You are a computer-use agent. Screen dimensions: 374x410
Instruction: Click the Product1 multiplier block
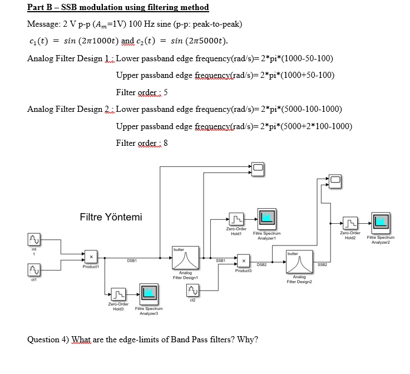coord(90,258)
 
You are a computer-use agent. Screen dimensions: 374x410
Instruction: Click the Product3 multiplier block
coord(243,260)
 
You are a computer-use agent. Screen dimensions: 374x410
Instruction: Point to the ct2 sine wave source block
coord(192,289)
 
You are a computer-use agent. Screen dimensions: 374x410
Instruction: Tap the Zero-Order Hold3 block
coord(118,294)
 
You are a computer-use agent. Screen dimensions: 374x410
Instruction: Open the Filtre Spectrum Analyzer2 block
coord(381,222)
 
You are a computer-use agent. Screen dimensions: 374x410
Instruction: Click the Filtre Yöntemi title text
coord(111,216)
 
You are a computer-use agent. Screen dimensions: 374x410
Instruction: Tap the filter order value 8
coord(166,143)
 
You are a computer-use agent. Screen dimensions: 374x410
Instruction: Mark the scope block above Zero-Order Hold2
coord(334,179)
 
